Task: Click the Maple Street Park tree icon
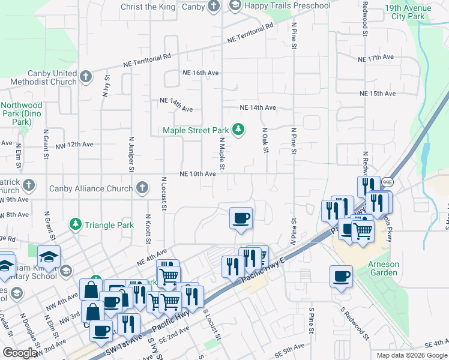click(239, 130)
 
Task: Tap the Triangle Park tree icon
click(75, 225)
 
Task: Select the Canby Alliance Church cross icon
click(142, 188)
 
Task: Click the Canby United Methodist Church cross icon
click(86, 77)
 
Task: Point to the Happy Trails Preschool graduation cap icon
click(236, 6)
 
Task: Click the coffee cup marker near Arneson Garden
click(341, 277)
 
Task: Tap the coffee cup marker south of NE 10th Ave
click(241, 218)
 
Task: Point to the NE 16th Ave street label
click(201, 73)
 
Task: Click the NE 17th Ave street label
click(375, 58)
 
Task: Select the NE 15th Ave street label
click(378, 94)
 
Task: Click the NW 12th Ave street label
click(74, 145)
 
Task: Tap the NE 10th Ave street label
click(197, 174)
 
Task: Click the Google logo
click(20, 353)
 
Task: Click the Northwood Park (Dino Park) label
click(22, 113)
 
